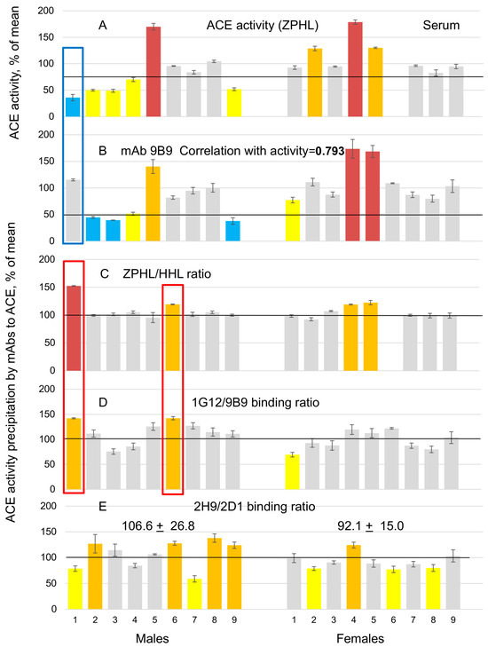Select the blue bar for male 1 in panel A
(x=73, y=107)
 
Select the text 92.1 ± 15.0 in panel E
(x=374, y=525)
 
